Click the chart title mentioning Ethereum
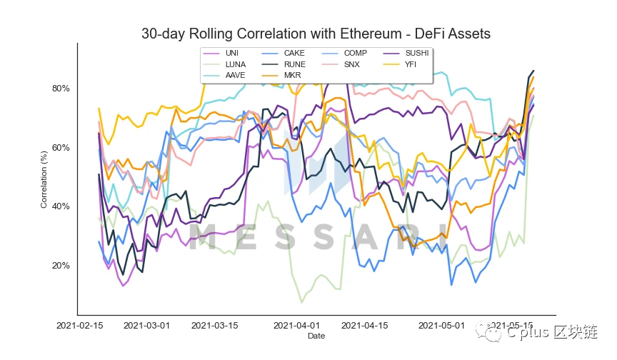point(316,34)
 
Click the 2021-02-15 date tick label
point(80,325)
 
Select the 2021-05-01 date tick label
point(441,325)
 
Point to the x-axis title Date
point(315,336)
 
